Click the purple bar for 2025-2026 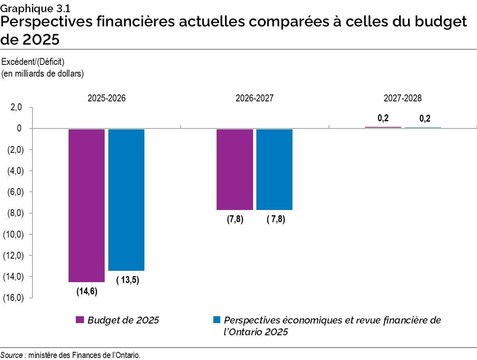point(86,205)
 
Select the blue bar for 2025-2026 point(126,199)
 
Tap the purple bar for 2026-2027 point(234,169)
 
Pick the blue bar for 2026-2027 point(274,169)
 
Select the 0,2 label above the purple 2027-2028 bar point(383,118)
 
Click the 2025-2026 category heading point(106,99)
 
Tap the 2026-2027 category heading point(254,99)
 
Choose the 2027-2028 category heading point(403,99)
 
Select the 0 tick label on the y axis point(19,129)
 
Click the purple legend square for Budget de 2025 point(79,320)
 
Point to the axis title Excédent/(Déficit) point(33,62)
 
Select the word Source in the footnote point(11,355)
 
